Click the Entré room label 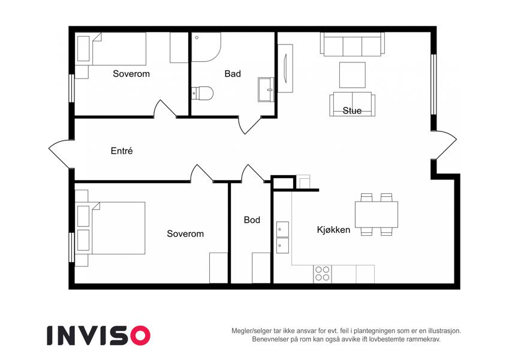click(122, 151)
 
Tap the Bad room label click(233, 74)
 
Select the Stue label click(352, 111)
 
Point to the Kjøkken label click(333, 230)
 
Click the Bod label click(252, 220)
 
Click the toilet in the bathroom click(202, 93)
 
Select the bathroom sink click(266, 89)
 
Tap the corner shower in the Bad click(206, 47)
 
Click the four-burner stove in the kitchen click(323, 274)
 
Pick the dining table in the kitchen click(377, 214)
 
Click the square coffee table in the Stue click(352, 75)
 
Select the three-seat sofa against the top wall click(352, 44)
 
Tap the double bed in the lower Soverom click(110, 228)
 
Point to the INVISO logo click(99, 335)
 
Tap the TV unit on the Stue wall click(285, 68)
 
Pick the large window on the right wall click(433, 85)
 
